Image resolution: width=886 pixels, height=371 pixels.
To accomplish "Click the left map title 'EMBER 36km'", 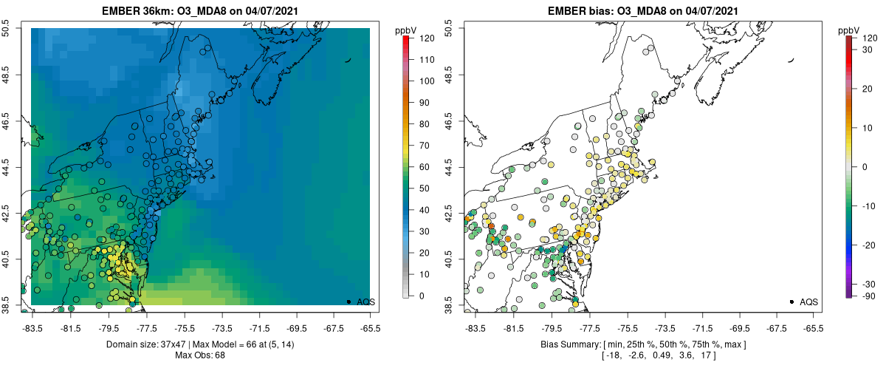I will [140, 10].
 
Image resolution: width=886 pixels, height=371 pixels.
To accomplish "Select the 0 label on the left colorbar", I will [422, 296].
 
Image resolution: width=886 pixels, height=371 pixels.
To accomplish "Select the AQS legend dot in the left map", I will [348, 302].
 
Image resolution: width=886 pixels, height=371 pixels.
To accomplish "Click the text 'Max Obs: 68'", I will [199, 355].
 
